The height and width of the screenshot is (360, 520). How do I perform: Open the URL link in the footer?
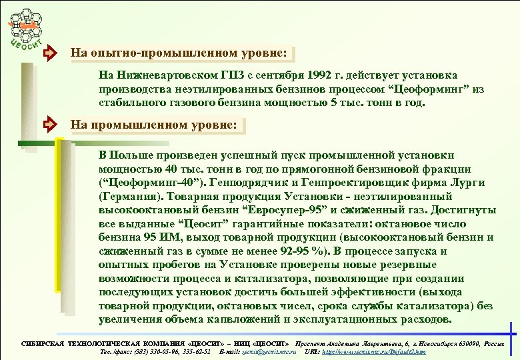click(373, 351)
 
